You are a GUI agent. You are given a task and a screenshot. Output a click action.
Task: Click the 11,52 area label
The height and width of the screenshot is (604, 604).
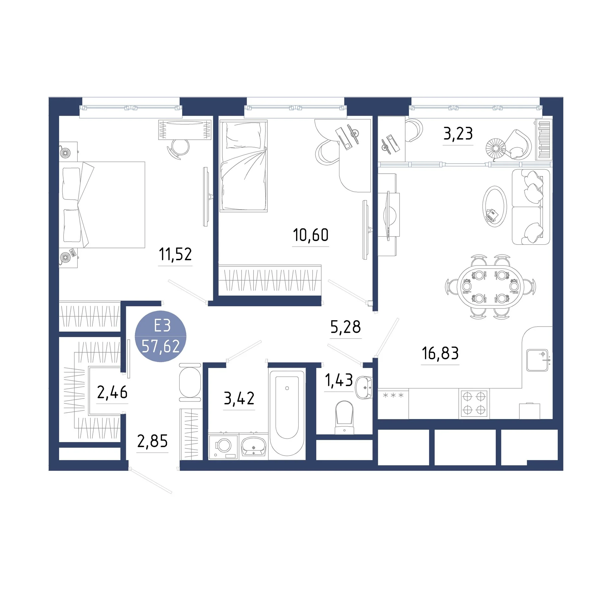(175, 254)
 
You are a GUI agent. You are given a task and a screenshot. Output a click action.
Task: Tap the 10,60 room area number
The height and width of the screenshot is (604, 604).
(310, 235)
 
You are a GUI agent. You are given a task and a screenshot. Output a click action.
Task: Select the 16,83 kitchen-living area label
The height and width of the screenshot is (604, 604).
(440, 353)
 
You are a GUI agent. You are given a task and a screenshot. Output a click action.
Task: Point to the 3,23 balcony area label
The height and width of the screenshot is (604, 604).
(458, 133)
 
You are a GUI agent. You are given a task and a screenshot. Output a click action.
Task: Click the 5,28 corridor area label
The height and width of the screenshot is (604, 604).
(345, 327)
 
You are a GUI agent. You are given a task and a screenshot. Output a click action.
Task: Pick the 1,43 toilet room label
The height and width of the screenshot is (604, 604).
(338, 380)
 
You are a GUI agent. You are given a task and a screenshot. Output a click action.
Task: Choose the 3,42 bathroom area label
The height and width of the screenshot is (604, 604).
(239, 398)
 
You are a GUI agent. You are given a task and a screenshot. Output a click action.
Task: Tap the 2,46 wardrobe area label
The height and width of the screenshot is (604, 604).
(112, 392)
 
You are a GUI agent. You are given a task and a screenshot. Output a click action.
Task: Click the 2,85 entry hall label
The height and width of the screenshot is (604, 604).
(152, 441)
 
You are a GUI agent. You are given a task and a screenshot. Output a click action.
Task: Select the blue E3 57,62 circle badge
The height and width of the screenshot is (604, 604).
(160, 336)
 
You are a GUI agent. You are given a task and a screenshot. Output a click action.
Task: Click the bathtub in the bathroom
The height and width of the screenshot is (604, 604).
(287, 412)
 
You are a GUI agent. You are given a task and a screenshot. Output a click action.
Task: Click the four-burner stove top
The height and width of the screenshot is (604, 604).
(474, 404)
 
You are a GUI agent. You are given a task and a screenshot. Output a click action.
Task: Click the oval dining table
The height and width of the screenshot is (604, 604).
(490, 287)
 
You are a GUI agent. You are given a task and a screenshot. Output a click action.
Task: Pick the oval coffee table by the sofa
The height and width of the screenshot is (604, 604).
(495, 206)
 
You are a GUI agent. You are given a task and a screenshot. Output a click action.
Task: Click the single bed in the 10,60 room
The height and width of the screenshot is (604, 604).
(243, 166)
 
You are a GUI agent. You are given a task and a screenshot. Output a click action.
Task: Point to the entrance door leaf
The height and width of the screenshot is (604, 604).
(151, 481)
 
